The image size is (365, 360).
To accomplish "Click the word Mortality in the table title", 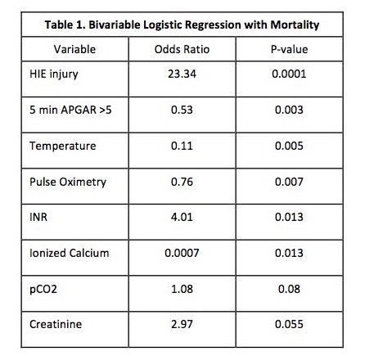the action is pos(295,25).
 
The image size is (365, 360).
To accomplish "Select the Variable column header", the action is pos(74,49).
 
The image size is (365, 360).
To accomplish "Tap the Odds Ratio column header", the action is pos(182,49).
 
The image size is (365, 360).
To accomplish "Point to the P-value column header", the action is pos(289,49).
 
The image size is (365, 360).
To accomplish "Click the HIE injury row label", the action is pos(54,74).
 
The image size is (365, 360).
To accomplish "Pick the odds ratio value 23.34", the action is pos(182,74).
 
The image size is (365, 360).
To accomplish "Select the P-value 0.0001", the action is pos(289,74).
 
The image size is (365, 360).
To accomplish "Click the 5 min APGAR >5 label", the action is pos(70,110).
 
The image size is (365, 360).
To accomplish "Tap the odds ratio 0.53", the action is pos(182,110).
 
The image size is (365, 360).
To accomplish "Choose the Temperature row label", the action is pos(63,146).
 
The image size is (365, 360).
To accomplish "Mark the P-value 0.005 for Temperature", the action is pos(289,146).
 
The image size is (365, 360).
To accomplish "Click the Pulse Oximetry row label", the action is pos(68,182).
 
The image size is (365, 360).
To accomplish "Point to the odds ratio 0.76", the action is pos(182,182).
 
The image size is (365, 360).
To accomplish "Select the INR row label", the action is pos(38,217).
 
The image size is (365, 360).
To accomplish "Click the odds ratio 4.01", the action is pos(182,217).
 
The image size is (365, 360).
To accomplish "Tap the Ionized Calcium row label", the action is pos(70,253).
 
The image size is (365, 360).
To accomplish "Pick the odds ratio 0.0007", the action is pos(182,253).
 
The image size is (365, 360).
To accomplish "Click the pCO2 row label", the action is pos(43,290).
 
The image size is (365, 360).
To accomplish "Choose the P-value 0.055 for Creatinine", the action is pos(289,324).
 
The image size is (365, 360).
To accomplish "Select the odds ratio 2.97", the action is pos(182,324).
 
